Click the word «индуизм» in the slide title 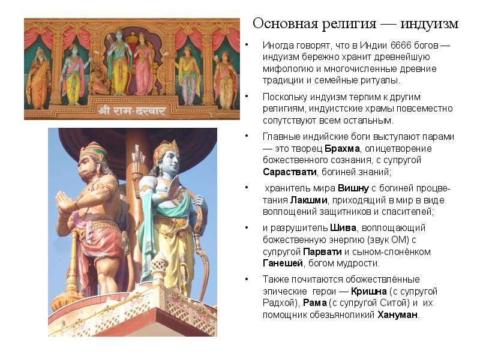(x=429, y=24)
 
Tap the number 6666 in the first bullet (x=400, y=46)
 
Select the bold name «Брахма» (x=342, y=148)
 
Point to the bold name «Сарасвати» (x=290, y=172)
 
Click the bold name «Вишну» (x=353, y=188)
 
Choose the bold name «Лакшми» (x=309, y=200)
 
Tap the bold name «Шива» (x=343, y=228)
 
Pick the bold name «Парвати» (x=322, y=251)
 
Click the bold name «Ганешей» (x=283, y=263)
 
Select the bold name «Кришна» (x=368, y=291)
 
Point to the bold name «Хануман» (x=397, y=314)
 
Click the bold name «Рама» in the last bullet (x=314, y=303)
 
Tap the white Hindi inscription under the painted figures (x=132, y=110)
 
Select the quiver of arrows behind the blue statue (x=139, y=166)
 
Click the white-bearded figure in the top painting (x=38, y=79)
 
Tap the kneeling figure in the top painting (x=100, y=80)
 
